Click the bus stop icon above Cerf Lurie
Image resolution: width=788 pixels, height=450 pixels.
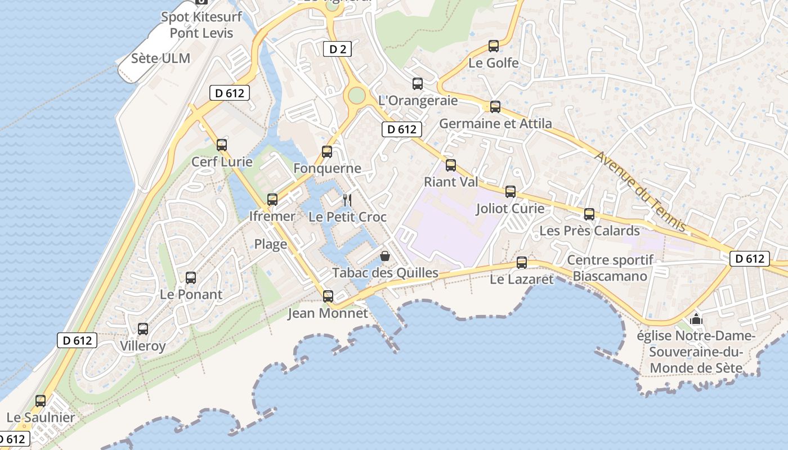(222, 145)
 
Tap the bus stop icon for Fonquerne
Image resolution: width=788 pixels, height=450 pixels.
(327, 152)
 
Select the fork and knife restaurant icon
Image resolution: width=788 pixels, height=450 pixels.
(347, 200)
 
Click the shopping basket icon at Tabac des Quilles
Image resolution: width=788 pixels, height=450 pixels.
(385, 256)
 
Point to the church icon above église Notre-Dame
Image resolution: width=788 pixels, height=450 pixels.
(696, 319)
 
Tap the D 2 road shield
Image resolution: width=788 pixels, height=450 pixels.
(337, 49)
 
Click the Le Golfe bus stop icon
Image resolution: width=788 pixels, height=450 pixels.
(494, 46)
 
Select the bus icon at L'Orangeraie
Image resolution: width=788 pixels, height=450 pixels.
(418, 84)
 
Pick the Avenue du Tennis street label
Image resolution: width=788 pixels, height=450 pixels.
(640, 191)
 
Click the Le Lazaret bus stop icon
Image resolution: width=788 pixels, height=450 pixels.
(522, 262)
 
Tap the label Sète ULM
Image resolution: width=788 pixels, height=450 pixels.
(160, 58)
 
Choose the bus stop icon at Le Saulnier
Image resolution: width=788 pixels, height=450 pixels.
(41, 401)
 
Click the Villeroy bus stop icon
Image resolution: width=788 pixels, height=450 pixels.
(143, 329)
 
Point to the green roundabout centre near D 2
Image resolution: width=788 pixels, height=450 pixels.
(356, 95)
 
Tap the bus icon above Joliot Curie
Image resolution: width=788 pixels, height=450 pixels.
(511, 192)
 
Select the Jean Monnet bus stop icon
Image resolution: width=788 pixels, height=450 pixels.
(328, 296)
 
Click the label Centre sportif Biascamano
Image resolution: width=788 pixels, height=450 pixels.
(610, 268)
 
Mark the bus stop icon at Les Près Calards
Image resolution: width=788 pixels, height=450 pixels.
(589, 214)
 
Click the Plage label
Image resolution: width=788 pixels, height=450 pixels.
(271, 244)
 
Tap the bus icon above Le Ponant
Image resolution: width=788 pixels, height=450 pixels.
(191, 277)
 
